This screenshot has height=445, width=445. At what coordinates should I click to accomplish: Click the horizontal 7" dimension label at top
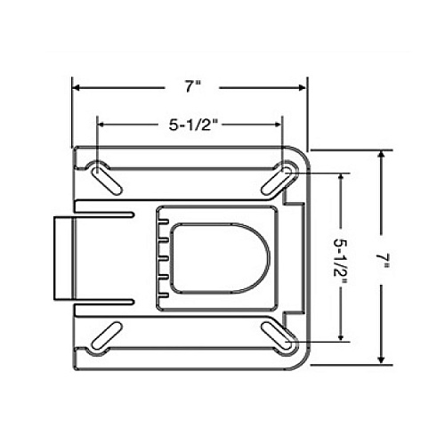point(193,86)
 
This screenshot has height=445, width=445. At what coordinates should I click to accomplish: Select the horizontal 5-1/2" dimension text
point(191,125)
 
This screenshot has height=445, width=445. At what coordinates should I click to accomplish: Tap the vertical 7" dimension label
point(382,260)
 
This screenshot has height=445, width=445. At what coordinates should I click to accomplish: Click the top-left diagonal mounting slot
point(107,182)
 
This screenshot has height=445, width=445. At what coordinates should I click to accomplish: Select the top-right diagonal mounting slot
point(276,181)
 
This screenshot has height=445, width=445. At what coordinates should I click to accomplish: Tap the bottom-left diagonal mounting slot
point(107,336)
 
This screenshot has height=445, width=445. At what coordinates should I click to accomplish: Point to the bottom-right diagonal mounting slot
point(277,336)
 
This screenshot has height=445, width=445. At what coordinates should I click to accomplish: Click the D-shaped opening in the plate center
point(221,257)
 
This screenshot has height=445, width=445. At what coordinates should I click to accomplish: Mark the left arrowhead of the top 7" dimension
point(77,87)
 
